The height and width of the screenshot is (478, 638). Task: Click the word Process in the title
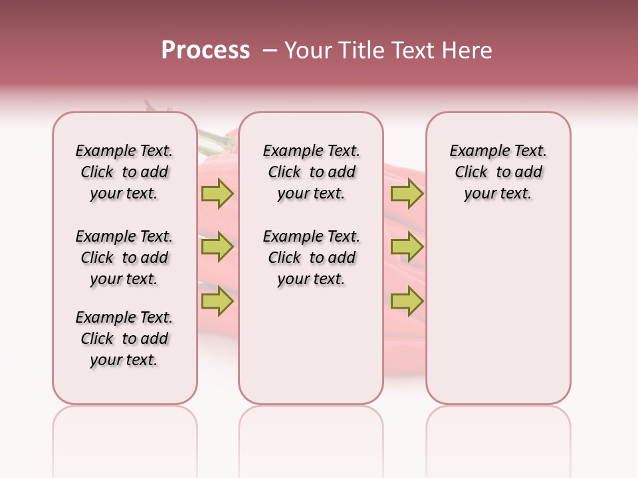pos(205,50)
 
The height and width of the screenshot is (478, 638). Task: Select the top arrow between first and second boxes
pos(217,194)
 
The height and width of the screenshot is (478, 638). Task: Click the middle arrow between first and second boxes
pos(217,248)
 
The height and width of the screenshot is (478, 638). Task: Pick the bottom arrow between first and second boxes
pos(217,302)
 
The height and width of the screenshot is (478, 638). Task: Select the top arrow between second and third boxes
pos(407,194)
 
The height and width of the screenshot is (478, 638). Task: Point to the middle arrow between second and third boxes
pos(407,248)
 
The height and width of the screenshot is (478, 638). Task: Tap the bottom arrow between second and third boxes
pos(407,302)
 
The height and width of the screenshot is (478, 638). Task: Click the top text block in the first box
pos(124,172)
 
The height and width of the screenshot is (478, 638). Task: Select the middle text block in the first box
pos(124,258)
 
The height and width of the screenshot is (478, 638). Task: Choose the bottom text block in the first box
pos(124,339)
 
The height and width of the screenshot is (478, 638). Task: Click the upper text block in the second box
pos(311,172)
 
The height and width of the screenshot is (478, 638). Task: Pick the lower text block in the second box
pos(311,258)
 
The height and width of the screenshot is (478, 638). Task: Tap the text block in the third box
pos(498,172)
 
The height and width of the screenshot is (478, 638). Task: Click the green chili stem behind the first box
pos(211,139)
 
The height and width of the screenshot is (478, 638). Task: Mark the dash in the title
pos(270,50)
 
